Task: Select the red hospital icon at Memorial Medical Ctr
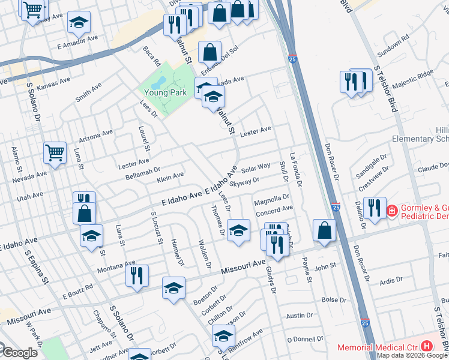[427, 346]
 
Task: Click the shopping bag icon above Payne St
[325, 230]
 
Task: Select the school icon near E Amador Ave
[79, 23]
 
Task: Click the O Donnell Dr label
[305, 339]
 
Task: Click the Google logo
[19, 353]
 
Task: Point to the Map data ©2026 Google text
[412, 355]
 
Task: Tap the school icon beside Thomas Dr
[238, 230]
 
